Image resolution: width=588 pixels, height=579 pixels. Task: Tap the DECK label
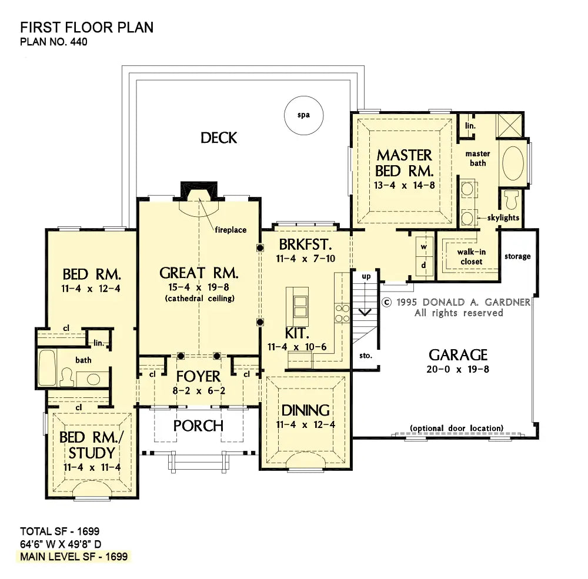(x=219, y=138)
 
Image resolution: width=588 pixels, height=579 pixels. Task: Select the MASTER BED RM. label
(x=405, y=163)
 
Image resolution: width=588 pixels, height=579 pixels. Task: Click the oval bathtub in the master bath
(x=513, y=163)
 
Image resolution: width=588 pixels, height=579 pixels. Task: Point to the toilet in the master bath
(x=512, y=199)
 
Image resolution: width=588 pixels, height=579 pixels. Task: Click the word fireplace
(x=230, y=230)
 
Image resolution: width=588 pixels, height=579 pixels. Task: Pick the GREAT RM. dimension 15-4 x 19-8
(x=199, y=287)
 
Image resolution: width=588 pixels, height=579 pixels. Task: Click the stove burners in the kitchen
(x=342, y=313)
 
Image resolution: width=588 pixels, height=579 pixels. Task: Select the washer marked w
(x=424, y=247)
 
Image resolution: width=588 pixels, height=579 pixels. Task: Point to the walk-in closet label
(x=472, y=256)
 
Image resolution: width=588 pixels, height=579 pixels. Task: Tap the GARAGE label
(x=458, y=355)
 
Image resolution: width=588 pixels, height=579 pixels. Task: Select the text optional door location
(x=456, y=429)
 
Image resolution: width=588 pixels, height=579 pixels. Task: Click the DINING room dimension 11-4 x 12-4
(x=306, y=424)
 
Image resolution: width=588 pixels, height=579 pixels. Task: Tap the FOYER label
(x=198, y=376)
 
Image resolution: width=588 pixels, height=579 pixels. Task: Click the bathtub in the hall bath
(x=47, y=368)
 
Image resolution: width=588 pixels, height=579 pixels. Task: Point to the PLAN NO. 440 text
(x=54, y=42)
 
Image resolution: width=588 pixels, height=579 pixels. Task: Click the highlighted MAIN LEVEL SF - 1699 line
(x=74, y=557)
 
